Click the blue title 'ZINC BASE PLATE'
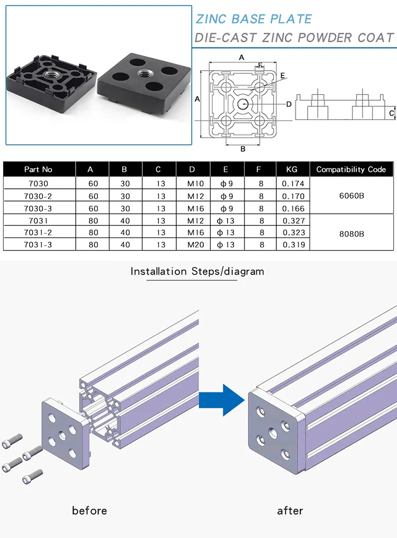254,19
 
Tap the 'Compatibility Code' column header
351,169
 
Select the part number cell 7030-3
38,208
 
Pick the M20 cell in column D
195,244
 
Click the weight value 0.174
293,184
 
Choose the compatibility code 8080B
351,234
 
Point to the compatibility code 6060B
351,196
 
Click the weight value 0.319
294,244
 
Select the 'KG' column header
292,169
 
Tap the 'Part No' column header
38,169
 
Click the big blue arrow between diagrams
222,400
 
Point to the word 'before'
89,510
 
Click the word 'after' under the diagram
290,511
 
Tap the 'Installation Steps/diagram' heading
197,271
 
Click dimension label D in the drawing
289,104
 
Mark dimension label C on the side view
392,113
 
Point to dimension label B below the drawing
243,149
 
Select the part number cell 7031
38,221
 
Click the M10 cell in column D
195,184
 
